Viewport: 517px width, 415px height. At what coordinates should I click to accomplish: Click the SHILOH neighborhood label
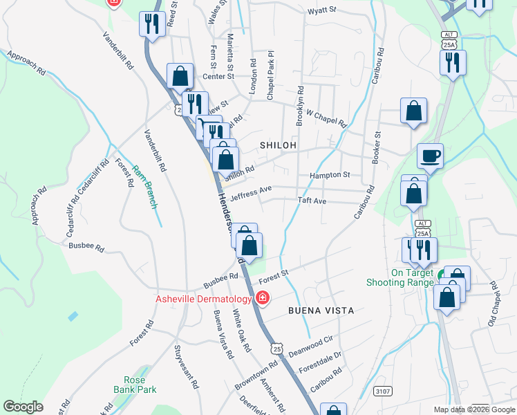coord(278,145)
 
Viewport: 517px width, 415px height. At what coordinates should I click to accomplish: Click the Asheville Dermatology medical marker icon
coord(263,299)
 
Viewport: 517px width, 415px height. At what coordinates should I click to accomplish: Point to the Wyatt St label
coord(321,10)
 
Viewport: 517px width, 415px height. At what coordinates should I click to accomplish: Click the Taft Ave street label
coord(311,201)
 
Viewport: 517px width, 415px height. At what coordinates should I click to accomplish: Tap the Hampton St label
coord(330,176)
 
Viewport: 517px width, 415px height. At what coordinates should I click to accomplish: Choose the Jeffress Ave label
coord(251,193)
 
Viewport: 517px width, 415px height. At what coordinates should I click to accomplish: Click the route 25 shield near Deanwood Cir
coord(277,349)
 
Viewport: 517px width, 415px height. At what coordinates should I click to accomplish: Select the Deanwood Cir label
coord(311,342)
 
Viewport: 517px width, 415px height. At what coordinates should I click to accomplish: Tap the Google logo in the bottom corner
coord(23,407)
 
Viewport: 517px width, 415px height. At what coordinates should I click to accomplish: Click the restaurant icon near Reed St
coord(150,25)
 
